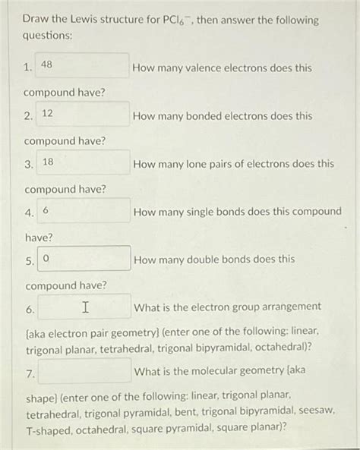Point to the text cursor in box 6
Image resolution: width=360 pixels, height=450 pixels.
tap(85, 307)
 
